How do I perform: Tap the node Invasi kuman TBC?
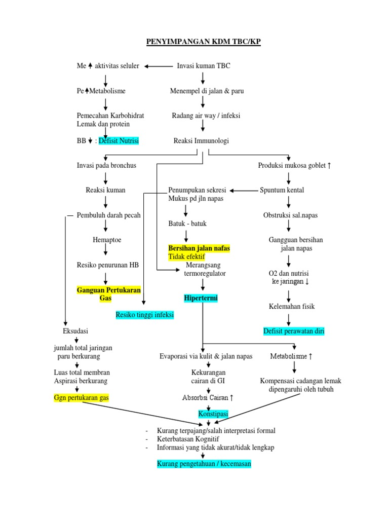click(x=204, y=66)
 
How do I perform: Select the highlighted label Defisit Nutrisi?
click(x=119, y=141)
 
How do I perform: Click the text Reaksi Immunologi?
click(x=201, y=141)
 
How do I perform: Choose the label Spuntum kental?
click(x=282, y=190)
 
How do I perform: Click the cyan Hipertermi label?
click(x=201, y=298)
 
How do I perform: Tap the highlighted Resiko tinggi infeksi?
click(x=145, y=315)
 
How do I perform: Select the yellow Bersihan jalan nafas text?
click(x=199, y=248)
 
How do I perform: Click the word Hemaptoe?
click(x=107, y=240)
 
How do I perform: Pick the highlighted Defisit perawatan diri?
click(x=294, y=331)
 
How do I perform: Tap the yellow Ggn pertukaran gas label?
click(x=82, y=398)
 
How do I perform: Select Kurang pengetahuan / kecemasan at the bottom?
click(x=204, y=464)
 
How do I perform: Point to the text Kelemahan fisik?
click(x=288, y=306)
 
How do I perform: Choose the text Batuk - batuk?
click(x=187, y=224)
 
